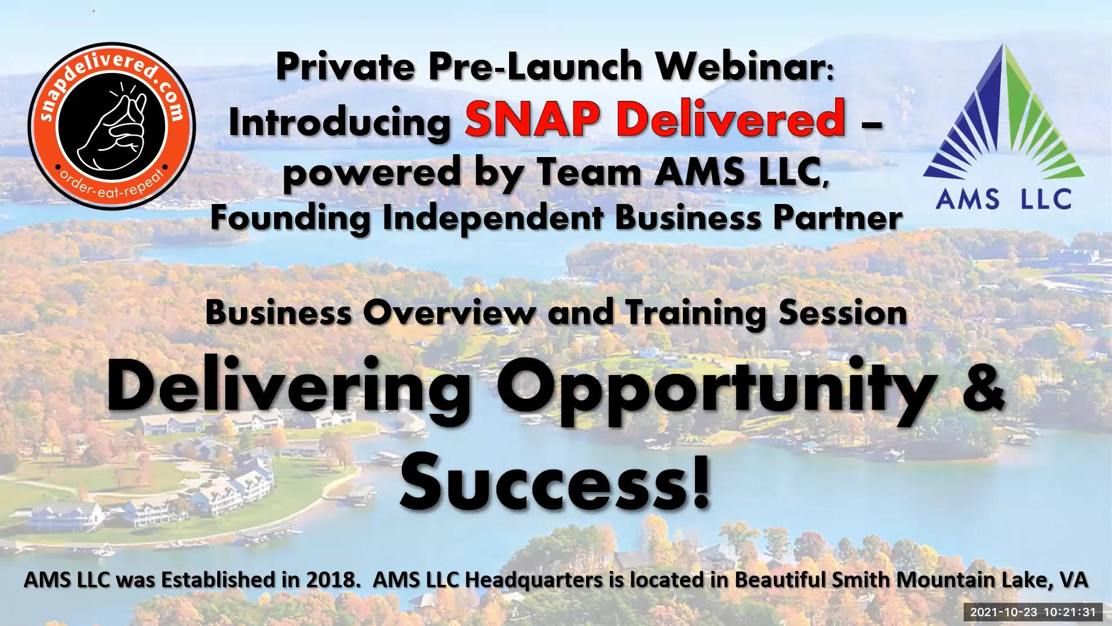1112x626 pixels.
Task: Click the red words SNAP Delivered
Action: pos(654,119)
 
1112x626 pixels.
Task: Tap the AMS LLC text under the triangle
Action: pos(1004,199)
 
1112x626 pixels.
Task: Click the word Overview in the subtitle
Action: pos(449,313)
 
